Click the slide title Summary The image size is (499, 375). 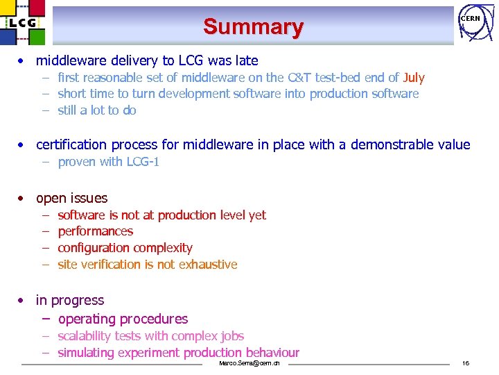tap(253, 27)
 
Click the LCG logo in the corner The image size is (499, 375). tap(22, 23)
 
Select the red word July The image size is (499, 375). tap(414, 78)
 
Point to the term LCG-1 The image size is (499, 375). tap(143, 162)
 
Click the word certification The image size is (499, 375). tap(71, 144)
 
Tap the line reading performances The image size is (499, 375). tap(96, 231)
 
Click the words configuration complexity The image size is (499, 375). tap(125, 248)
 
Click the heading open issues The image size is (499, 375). tap(71, 198)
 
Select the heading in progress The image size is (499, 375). tap(69, 300)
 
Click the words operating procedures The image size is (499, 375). tap(123, 319)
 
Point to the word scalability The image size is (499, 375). tap(86, 336)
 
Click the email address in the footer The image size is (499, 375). tap(249, 364)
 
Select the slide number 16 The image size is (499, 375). tap(466, 364)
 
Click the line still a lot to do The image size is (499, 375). tap(97, 110)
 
